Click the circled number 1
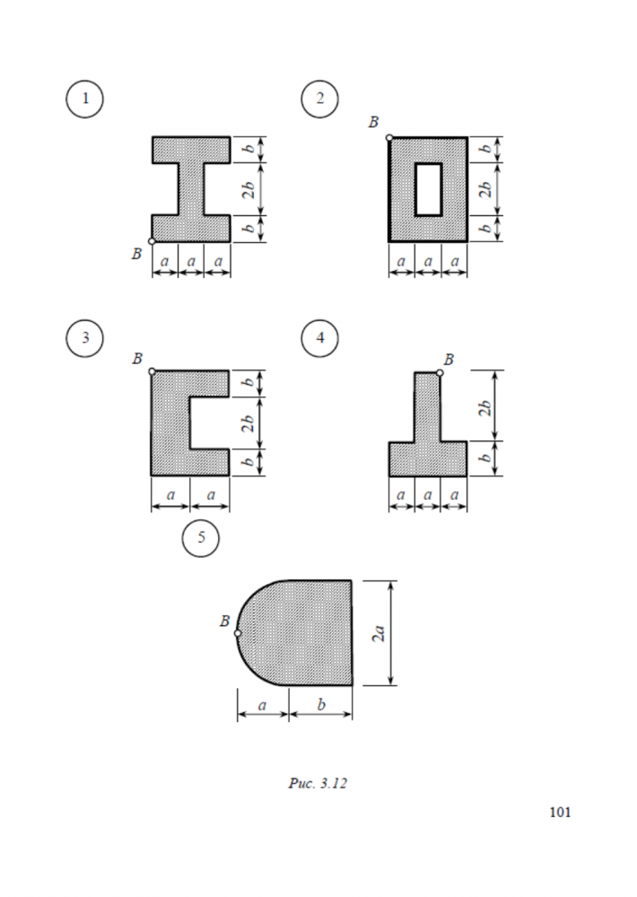84,99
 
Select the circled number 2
320,99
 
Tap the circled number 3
84,338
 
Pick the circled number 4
320,338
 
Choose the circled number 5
201,537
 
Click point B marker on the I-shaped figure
152,241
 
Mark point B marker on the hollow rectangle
389,137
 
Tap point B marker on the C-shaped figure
152,372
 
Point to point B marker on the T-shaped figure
440,373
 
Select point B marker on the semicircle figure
238,633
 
